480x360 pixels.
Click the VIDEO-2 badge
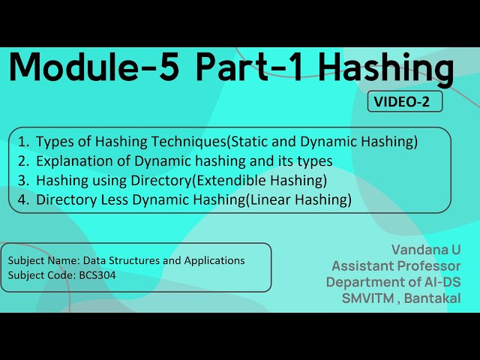[404, 102]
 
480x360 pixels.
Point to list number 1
[23, 141]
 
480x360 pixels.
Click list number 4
[23, 199]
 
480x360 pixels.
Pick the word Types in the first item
[55, 141]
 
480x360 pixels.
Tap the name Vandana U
[425, 249]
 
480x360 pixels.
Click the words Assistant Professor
[396, 265]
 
